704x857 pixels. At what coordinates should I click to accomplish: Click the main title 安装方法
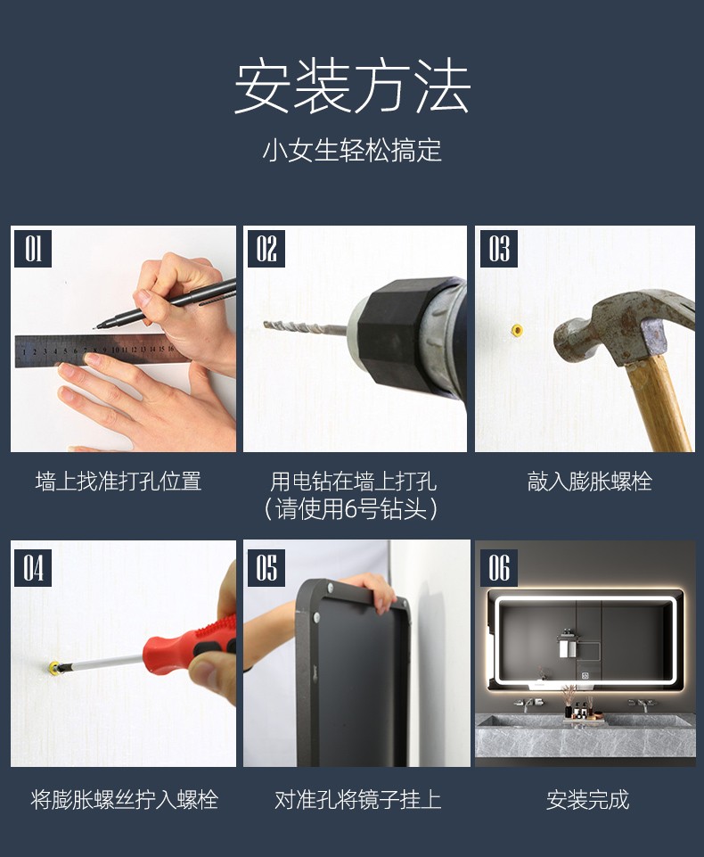352,87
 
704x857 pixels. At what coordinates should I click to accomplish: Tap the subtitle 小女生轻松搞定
352,151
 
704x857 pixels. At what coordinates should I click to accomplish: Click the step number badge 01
33,249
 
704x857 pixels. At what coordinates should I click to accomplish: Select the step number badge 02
266,249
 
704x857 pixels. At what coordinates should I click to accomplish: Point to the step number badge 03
499,249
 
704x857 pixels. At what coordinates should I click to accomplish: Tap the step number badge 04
33,568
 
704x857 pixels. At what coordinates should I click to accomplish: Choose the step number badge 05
266,568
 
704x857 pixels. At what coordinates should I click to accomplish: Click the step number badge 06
499,568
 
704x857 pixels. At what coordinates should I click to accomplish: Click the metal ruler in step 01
94,350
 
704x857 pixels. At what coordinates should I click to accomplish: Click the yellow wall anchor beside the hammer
517,330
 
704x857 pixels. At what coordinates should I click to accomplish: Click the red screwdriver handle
188,644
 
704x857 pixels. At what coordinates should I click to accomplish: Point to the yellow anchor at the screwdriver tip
54,667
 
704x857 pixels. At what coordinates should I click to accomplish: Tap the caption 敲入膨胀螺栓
589,482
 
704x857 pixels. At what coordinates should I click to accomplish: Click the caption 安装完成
587,800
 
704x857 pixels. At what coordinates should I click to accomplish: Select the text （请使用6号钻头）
352,509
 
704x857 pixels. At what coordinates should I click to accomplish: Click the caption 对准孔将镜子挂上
357,800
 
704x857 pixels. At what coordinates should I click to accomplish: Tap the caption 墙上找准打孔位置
119,482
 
